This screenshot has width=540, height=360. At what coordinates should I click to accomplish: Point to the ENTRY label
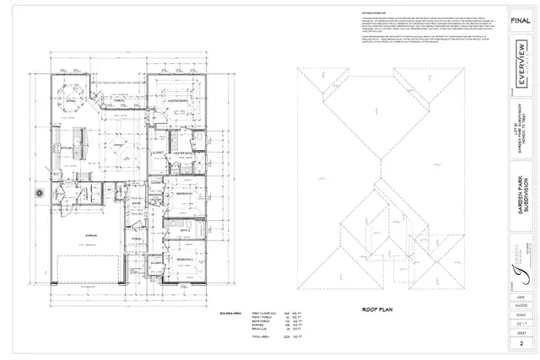[x=138, y=203]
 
